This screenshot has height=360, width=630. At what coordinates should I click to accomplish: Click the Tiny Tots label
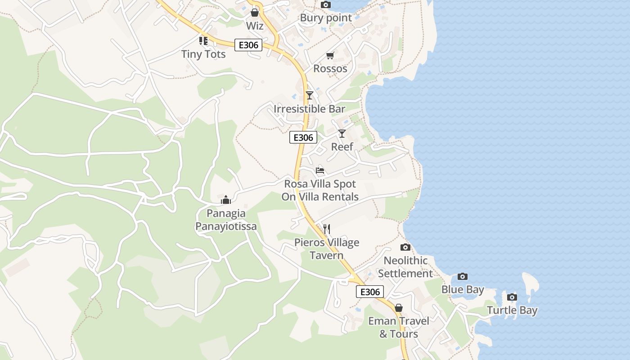pyautogui.click(x=203, y=54)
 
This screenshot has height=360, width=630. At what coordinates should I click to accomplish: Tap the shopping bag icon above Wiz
pyautogui.click(x=255, y=12)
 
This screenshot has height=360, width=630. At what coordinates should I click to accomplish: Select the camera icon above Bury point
pyautogui.click(x=326, y=4)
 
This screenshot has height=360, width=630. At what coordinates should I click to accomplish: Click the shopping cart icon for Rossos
pyautogui.click(x=330, y=55)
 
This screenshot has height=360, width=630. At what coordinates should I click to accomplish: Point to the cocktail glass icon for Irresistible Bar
pyautogui.click(x=310, y=95)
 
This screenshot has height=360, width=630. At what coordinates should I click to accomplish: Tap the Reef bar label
pyautogui.click(x=342, y=147)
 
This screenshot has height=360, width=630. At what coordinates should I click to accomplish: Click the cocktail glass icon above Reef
pyautogui.click(x=342, y=134)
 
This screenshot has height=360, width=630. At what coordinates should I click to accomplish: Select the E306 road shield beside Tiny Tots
pyautogui.click(x=248, y=45)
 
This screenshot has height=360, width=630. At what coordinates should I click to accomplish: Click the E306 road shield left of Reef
pyautogui.click(x=303, y=138)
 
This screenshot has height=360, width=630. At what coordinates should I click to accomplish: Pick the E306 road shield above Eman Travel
pyautogui.click(x=370, y=292)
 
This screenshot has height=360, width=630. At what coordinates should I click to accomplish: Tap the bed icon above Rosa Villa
pyautogui.click(x=320, y=171)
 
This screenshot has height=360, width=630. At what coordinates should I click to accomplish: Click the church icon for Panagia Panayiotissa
pyautogui.click(x=226, y=200)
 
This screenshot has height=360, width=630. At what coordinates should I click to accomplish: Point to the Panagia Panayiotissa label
pyautogui.click(x=226, y=220)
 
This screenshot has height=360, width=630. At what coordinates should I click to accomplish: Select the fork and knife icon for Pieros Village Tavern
pyautogui.click(x=327, y=229)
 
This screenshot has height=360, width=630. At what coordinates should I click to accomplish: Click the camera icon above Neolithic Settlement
pyautogui.click(x=405, y=247)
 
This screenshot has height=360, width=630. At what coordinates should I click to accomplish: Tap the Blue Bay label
pyautogui.click(x=463, y=290)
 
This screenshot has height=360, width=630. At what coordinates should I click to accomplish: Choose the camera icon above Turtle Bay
pyautogui.click(x=512, y=297)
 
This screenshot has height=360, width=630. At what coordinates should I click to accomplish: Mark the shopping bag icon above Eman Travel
pyautogui.click(x=399, y=308)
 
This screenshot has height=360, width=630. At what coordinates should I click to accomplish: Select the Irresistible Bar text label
pyautogui.click(x=310, y=109)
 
